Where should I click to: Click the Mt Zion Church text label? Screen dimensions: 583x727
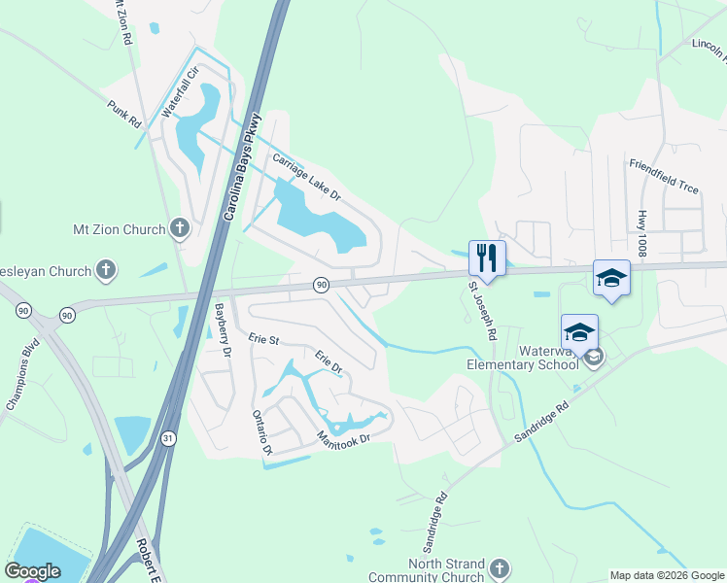point(120,230)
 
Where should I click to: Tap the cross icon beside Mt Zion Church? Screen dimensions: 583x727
point(179,229)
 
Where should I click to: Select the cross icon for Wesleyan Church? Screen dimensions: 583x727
point(107,270)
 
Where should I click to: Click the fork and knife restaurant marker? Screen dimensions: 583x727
point(487,258)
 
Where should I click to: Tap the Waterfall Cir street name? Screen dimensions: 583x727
point(180,92)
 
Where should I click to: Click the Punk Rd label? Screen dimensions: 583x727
point(124,114)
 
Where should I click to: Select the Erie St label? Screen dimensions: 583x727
point(263,340)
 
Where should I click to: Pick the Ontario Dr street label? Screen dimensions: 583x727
point(261,430)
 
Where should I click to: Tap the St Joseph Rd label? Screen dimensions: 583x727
point(483,311)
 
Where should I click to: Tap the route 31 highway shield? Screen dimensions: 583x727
point(168,439)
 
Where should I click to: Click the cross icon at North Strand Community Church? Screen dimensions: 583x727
point(499,567)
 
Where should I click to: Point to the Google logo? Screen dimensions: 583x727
point(32,571)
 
